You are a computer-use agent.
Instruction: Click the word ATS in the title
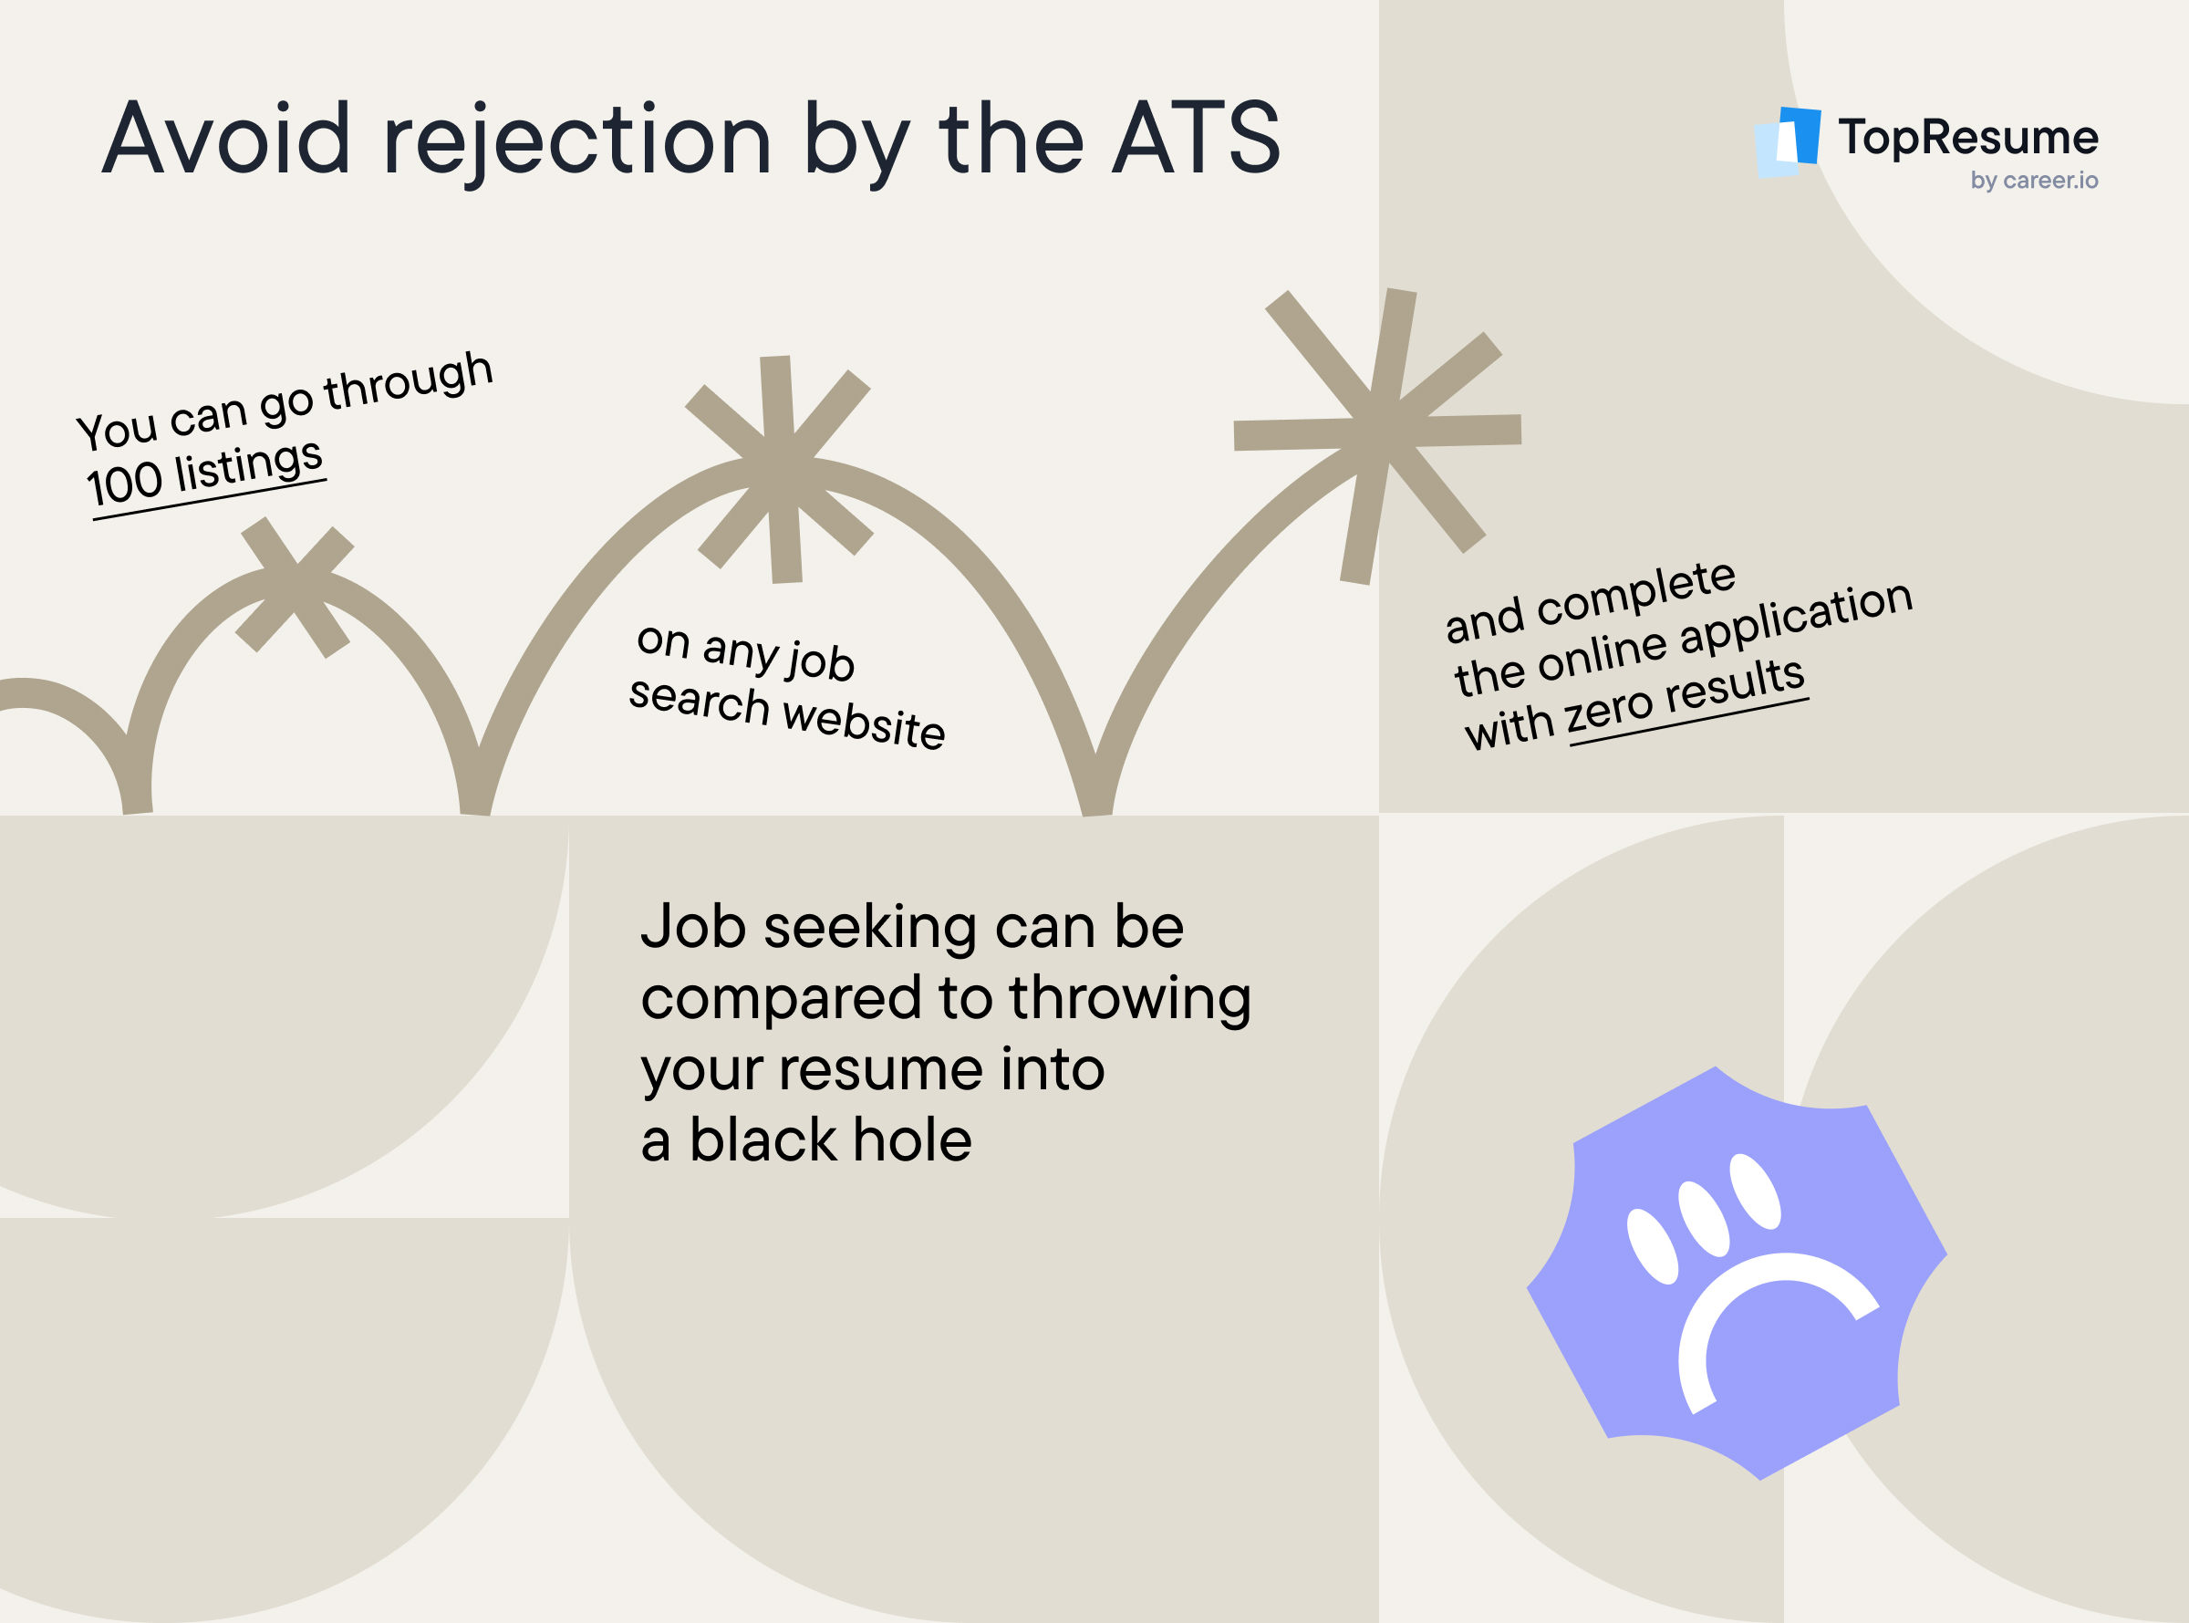[x=1196, y=139]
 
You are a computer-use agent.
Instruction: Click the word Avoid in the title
[x=226, y=139]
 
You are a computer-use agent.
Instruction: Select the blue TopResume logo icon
[x=1787, y=142]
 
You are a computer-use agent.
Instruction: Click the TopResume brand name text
[x=1967, y=137]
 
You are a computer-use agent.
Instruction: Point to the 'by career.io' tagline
[x=2034, y=181]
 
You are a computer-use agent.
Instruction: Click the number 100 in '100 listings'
[x=124, y=484]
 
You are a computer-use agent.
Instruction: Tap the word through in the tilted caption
[x=409, y=381]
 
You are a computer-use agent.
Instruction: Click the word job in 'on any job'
[x=820, y=661]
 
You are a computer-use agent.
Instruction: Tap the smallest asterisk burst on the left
[x=295, y=586]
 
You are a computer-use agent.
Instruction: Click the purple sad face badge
[x=1737, y=1274]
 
